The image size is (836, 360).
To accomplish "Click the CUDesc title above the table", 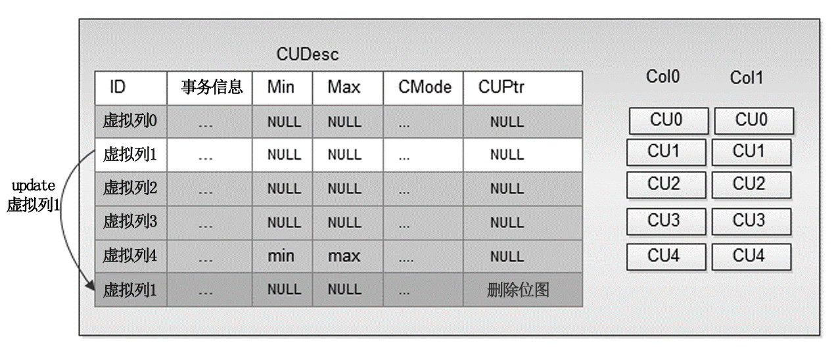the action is [x=308, y=55].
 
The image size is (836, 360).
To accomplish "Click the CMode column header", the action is [x=425, y=87].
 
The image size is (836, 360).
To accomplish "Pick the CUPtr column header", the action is [x=502, y=87].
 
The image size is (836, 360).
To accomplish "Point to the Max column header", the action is [x=344, y=87].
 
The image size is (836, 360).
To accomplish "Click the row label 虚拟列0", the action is [x=130, y=122].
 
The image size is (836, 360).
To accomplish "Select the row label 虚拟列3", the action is [x=130, y=222].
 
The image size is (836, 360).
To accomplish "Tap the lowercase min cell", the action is [x=281, y=256].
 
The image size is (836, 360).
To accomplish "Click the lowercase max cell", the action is [x=344, y=256].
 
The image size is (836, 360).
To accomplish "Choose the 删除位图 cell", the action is [x=518, y=289].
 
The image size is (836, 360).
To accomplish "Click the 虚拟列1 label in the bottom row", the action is [x=130, y=289].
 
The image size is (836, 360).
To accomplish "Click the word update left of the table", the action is [x=34, y=186].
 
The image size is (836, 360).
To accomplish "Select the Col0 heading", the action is [x=662, y=77].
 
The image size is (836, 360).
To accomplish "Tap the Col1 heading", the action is [x=747, y=78].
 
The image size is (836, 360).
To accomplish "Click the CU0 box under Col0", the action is [x=668, y=121].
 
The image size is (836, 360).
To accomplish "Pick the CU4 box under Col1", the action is [x=751, y=256].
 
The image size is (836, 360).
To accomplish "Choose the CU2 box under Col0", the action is [x=666, y=185].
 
